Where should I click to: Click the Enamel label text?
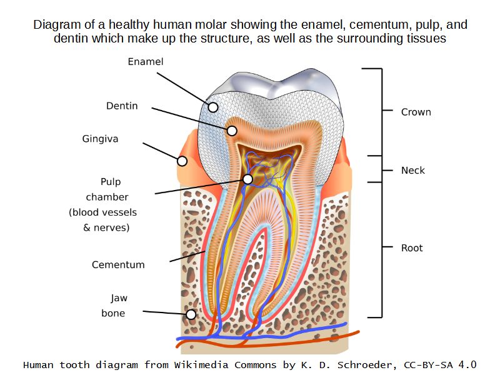(145, 61)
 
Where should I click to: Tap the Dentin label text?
(122, 106)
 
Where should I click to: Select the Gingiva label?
(100, 138)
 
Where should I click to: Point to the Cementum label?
(118, 264)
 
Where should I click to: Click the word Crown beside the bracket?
(416, 112)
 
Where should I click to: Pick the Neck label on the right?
(412, 170)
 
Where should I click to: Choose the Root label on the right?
(412, 248)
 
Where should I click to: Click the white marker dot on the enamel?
(213, 107)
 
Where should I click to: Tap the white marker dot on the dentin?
(232, 131)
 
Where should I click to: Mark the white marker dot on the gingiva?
(182, 161)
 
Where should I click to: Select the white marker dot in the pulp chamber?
(248, 179)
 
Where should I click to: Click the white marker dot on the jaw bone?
(191, 314)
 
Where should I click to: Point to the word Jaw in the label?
(119, 298)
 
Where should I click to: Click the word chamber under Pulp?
(107, 197)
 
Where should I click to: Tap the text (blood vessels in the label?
(102, 212)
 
